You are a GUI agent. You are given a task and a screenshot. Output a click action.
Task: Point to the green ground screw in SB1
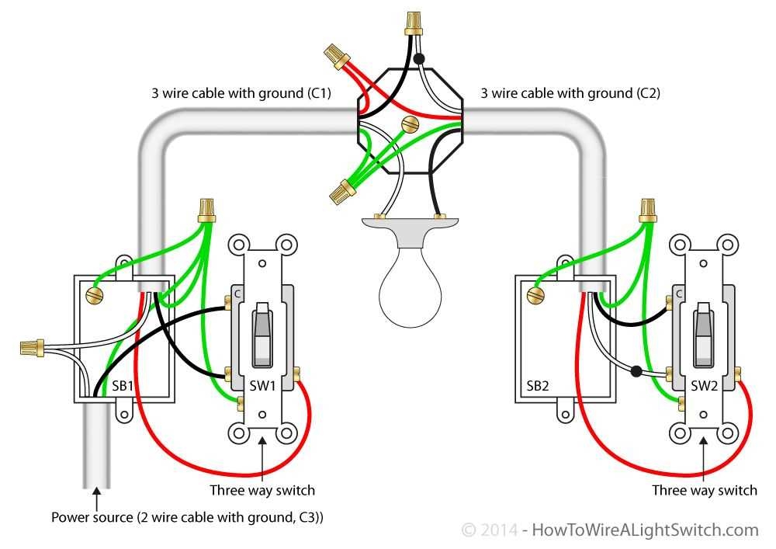click(95, 295)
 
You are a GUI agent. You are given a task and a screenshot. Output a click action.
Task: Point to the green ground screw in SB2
click(534, 295)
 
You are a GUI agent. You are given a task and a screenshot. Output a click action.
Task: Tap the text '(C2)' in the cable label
click(645, 94)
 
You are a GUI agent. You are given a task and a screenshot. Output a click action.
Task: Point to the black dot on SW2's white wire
click(636, 371)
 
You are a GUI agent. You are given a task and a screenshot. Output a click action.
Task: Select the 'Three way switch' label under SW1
click(262, 490)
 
